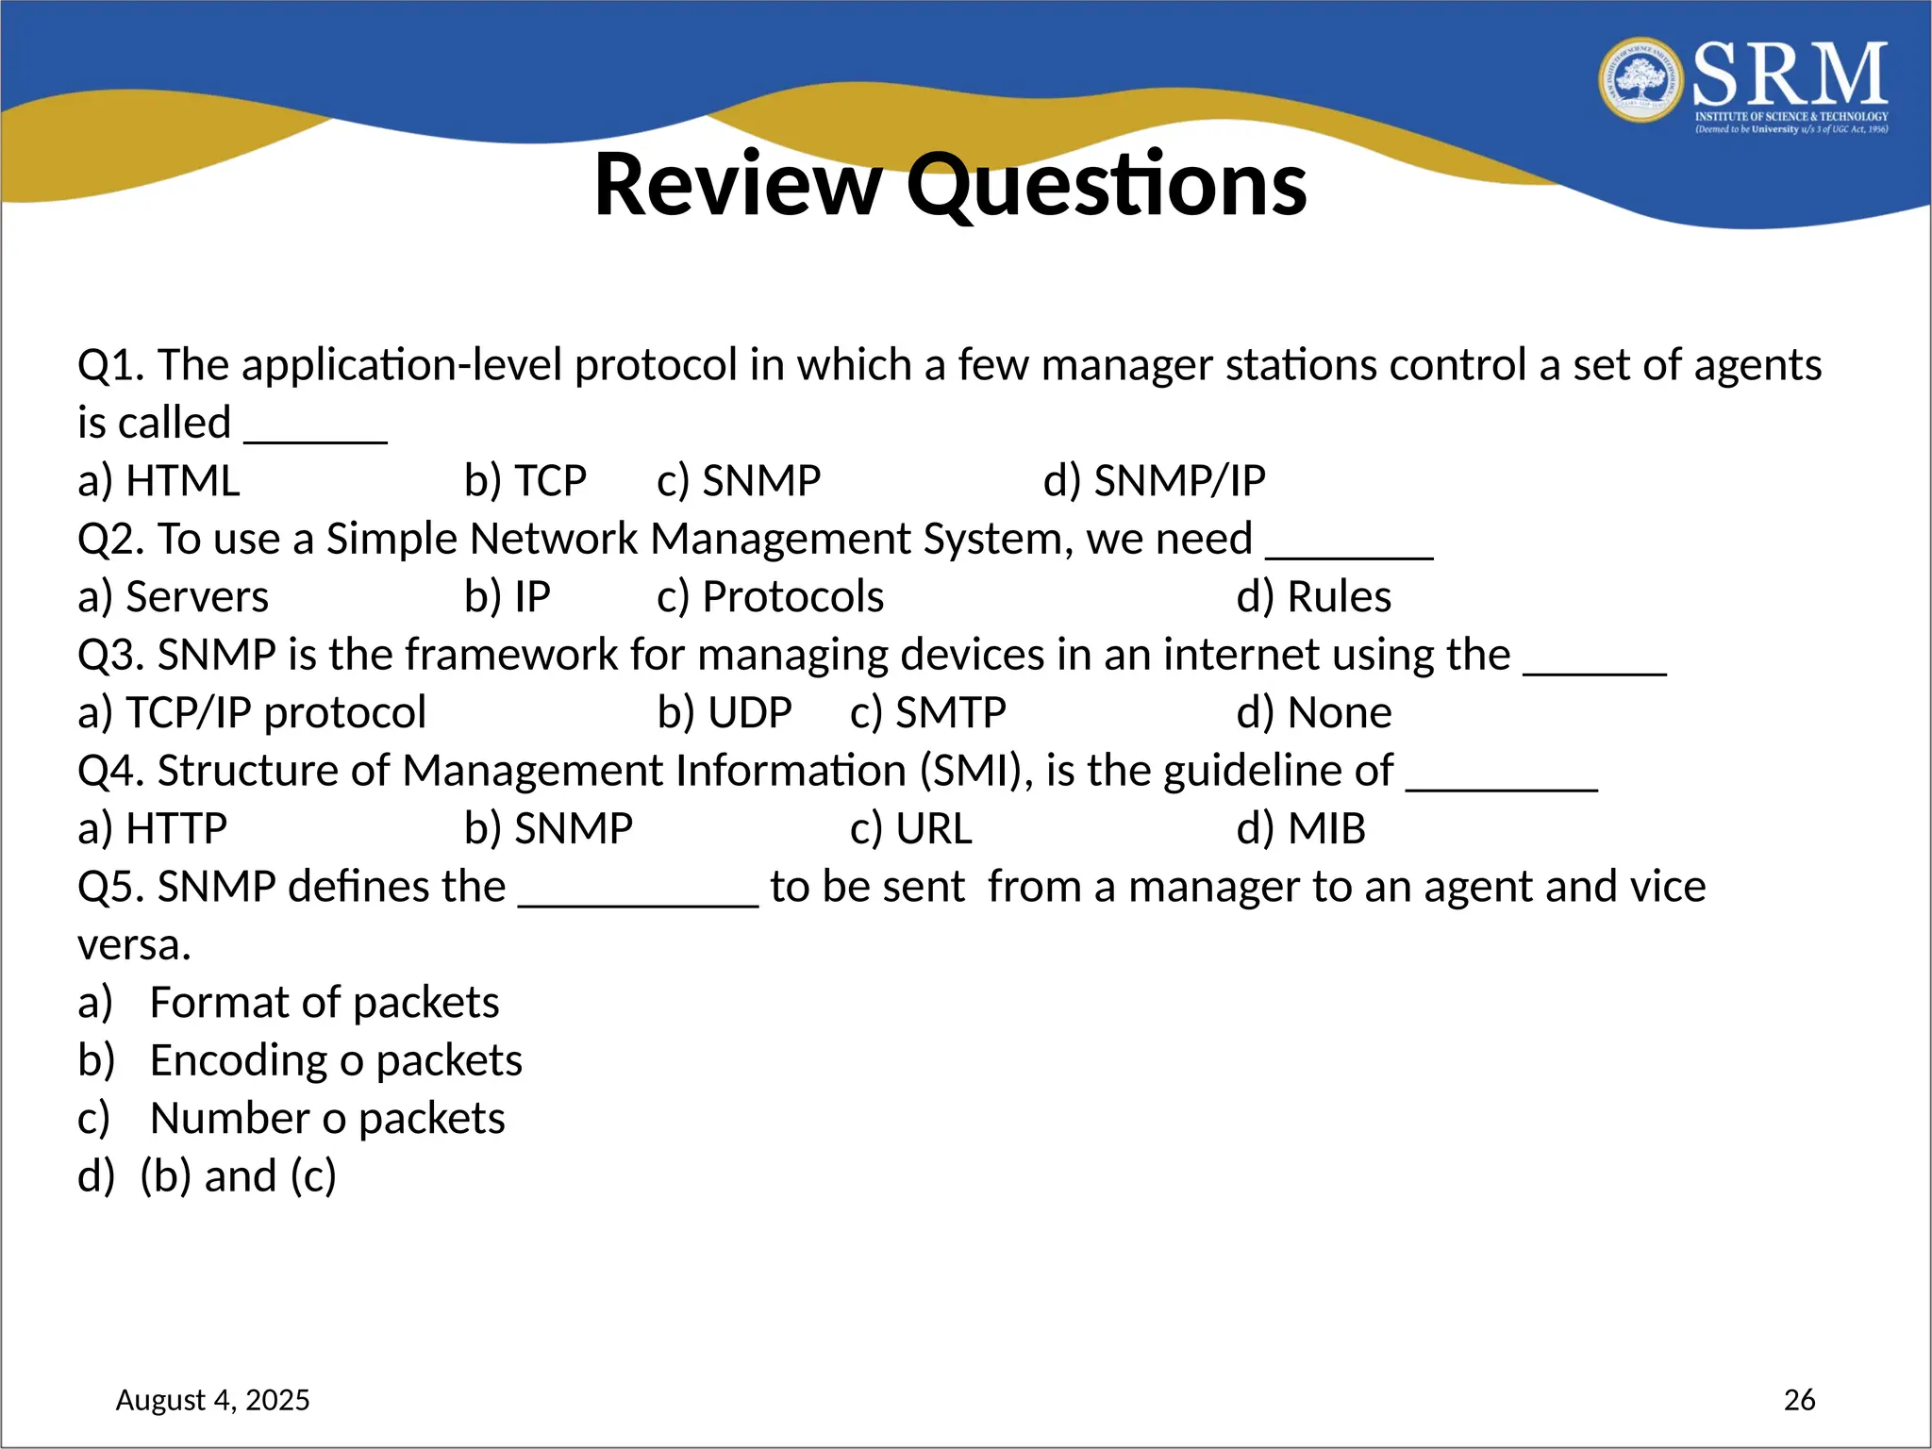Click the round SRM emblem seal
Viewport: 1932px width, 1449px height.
1641,80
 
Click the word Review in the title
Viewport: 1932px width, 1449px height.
737,185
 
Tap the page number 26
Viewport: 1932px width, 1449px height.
1799,1399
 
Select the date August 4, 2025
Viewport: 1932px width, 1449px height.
212,1399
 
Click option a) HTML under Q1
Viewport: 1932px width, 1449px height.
158,481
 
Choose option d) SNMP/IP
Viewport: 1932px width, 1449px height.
1154,481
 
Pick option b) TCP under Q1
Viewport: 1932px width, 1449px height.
525,481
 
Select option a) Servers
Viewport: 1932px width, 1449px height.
173,597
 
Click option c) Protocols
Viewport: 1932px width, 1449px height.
770,597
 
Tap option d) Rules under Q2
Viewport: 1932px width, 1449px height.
1313,597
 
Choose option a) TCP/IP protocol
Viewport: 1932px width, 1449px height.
252,713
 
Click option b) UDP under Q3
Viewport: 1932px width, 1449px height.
724,713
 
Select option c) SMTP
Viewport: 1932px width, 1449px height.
927,713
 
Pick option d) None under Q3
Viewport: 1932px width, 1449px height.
1313,713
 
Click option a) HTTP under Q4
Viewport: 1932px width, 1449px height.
152,829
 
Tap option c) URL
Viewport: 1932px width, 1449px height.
910,829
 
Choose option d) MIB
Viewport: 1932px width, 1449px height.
1300,829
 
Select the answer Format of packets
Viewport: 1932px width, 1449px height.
324,1003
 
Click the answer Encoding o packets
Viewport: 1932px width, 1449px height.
335,1061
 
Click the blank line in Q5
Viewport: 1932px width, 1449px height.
638,901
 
